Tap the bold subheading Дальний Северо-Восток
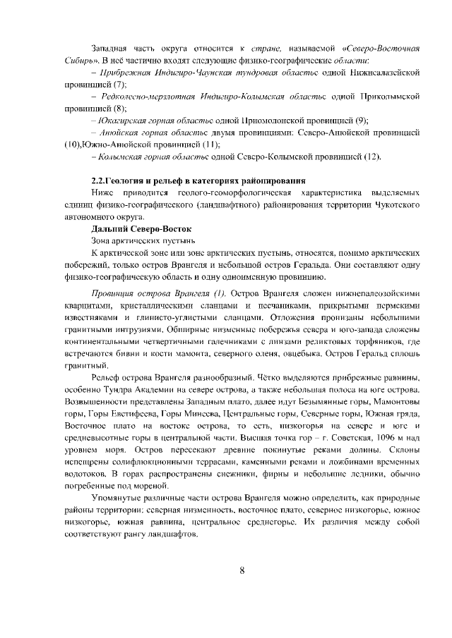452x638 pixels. tap(142, 229)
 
